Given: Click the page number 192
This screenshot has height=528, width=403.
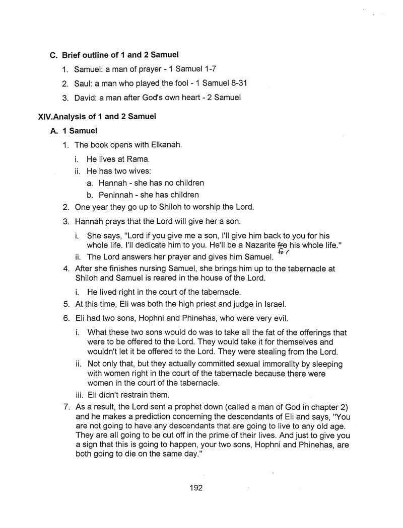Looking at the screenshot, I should (x=196, y=487).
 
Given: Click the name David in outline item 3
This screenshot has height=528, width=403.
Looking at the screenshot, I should (x=85, y=98).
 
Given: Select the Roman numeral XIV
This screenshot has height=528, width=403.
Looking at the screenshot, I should (x=45, y=117).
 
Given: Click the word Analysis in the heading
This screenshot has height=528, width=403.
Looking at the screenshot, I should (x=69, y=117).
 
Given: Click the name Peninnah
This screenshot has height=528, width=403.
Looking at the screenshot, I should (x=116, y=195).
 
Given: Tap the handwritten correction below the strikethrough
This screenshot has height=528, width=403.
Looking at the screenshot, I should (x=283, y=253).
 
